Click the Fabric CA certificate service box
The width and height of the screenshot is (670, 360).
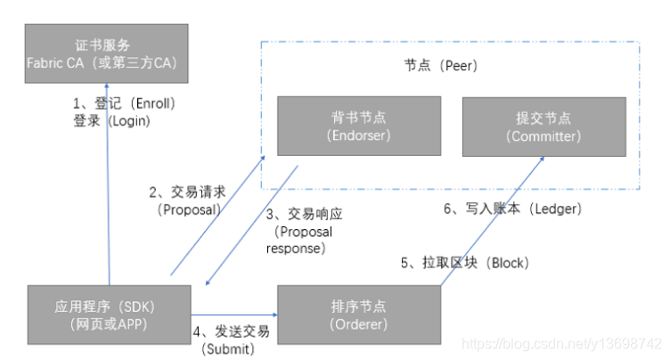(x=107, y=53)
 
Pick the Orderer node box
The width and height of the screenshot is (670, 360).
(x=359, y=315)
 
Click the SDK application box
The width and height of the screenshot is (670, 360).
(x=109, y=315)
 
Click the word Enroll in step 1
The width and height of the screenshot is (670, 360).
(x=157, y=103)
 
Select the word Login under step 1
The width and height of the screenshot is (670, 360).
(x=129, y=120)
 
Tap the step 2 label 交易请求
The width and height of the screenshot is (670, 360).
(x=189, y=192)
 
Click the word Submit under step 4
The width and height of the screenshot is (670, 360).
(x=228, y=348)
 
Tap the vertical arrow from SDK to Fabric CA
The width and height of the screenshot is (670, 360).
(x=108, y=178)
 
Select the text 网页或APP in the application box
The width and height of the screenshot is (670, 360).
(x=109, y=324)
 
